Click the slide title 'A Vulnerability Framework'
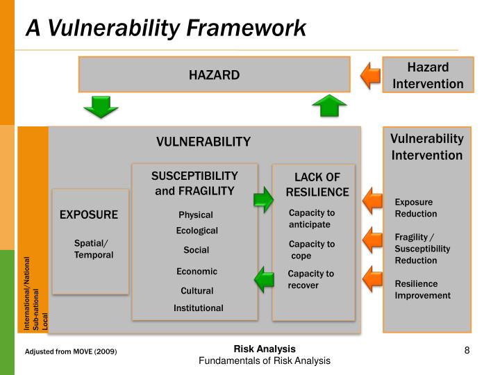click(166, 28)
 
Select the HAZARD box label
click(214, 75)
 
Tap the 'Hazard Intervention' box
click(428, 75)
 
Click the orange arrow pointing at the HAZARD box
click(372, 75)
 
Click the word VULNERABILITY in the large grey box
click(203, 142)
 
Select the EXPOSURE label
click(88, 215)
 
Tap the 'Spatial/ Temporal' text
click(93, 249)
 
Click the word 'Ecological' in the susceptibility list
click(197, 231)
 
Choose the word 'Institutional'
click(198, 308)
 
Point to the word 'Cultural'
click(197, 290)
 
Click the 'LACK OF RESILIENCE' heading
click(317, 185)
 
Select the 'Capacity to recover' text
click(310, 279)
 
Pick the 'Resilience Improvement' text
click(422, 290)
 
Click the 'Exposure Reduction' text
click(415, 208)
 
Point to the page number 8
click(467, 350)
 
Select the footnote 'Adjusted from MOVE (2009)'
click(71, 352)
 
